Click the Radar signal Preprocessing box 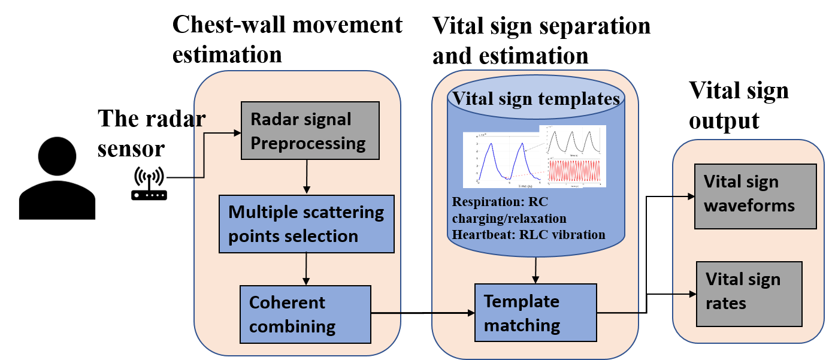pos(310,131)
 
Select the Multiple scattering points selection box pos(306,223)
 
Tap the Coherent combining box pos(305,314)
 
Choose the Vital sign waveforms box pos(755,196)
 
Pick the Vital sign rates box pos(749,294)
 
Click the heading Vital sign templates pos(535,99)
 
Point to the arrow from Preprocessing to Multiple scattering pos(307,177)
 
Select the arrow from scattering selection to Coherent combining pos(307,268)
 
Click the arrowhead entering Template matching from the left pos(470,313)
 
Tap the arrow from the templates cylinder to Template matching pos(535,270)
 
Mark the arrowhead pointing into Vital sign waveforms pos(691,196)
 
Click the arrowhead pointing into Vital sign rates pos(692,294)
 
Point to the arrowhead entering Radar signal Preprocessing pos(237,133)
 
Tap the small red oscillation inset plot pos(573,172)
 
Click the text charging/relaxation pos(509,218)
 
